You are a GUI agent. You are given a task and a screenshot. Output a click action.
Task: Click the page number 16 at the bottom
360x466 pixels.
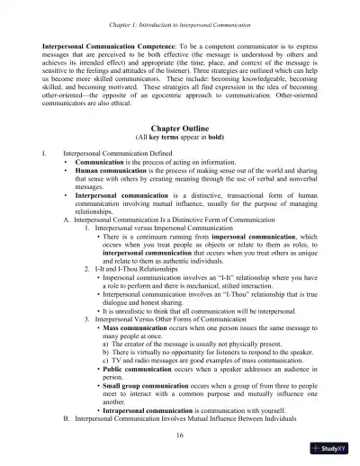tap(181, 435)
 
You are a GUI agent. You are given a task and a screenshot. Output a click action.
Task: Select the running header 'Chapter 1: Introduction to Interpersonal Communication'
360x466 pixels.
tap(181, 12)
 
